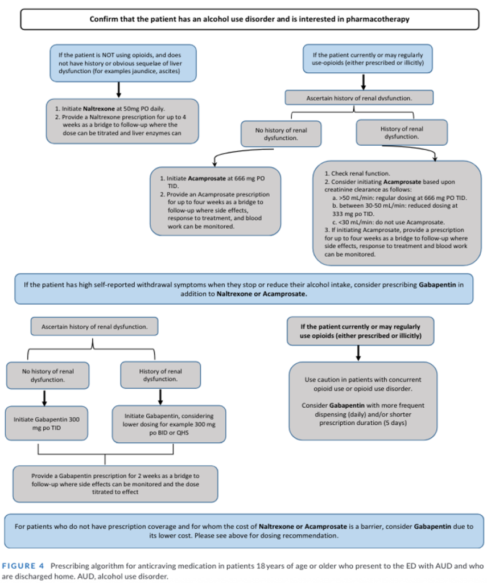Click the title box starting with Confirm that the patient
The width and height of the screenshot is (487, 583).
(x=249, y=19)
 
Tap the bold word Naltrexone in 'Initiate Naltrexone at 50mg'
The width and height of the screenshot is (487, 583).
(x=84, y=108)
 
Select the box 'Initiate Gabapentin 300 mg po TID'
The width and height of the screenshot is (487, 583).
(x=47, y=423)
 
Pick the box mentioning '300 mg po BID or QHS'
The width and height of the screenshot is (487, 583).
(x=169, y=424)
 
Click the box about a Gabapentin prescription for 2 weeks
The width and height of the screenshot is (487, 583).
(x=115, y=483)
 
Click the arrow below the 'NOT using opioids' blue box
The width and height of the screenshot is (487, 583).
(x=118, y=89)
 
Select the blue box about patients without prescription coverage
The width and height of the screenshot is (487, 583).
(x=243, y=531)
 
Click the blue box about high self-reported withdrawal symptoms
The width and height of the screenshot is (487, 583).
(x=243, y=288)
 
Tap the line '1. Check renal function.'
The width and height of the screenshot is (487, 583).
(x=357, y=173)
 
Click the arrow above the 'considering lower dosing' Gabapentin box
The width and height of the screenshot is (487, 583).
(x=160, y=396)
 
